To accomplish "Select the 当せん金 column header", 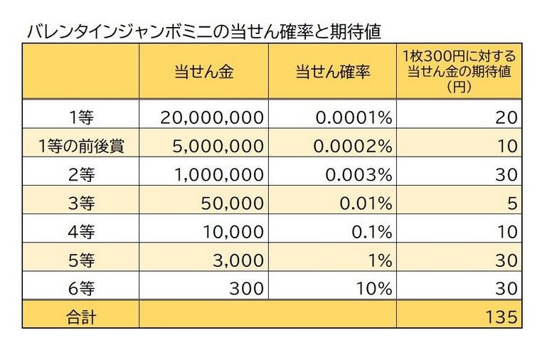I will coord(203,73).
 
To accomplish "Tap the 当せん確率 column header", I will coord(331,73).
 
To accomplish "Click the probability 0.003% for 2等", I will coord(355,174).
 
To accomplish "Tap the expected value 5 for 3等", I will coord(511,203).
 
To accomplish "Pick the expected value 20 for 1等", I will coord(506,117).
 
